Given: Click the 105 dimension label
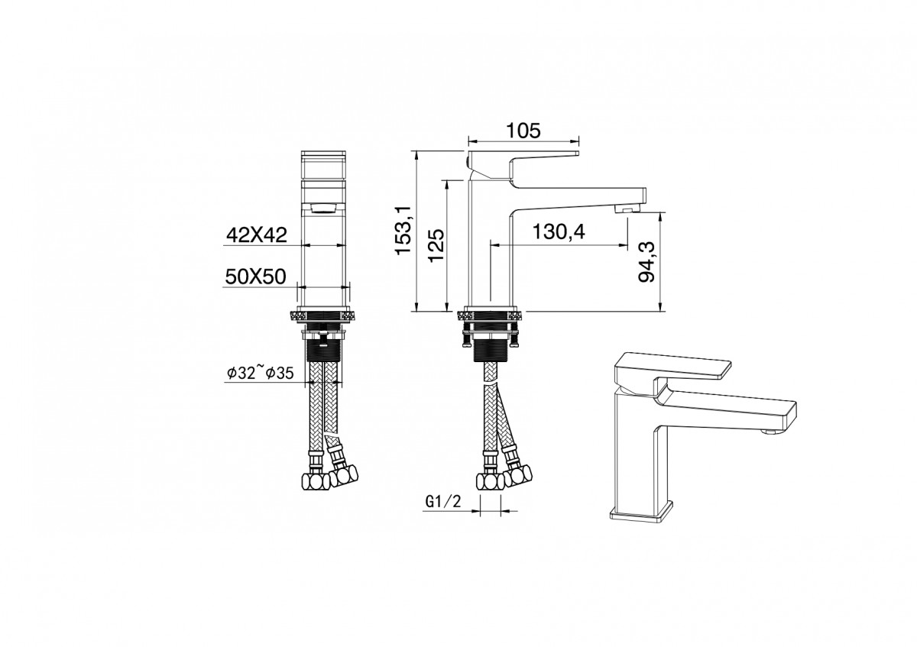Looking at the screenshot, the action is (523, 131).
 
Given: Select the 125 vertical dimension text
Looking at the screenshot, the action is (436, 245).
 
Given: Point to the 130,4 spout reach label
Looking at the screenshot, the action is (559, 231).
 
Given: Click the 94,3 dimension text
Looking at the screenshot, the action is (647, 261).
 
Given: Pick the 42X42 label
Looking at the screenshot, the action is (257, 235).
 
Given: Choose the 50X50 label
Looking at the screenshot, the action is (255, 277).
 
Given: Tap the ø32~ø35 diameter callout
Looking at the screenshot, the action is (261, 373).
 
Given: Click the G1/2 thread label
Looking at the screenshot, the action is (443, 501).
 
